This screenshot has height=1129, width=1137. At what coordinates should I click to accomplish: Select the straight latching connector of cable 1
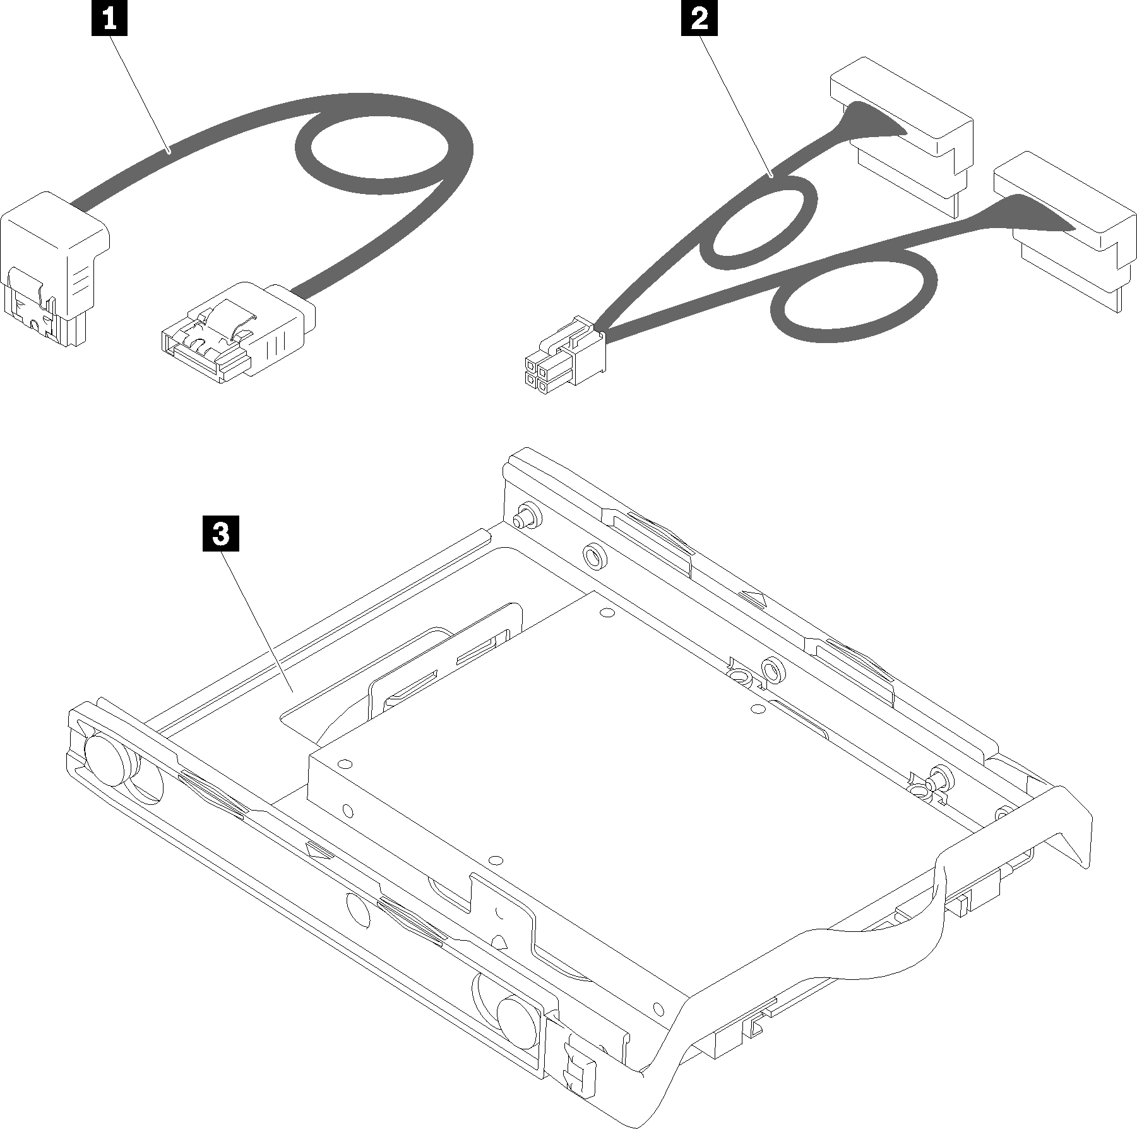pyautogui.click(x=236, y=331)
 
